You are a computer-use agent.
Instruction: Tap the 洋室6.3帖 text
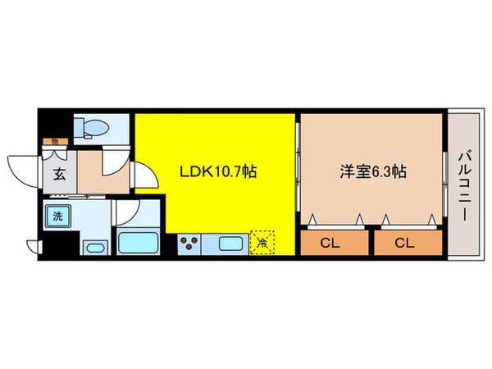[x=374, y=172]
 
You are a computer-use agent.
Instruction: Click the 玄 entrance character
[x=60, y=173]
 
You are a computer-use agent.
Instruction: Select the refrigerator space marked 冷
[x=262, y=241]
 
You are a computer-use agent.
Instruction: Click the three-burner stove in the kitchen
[x=190, y=244]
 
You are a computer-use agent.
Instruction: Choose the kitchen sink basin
[x=229, y=244]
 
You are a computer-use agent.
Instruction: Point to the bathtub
[x=139, y=244]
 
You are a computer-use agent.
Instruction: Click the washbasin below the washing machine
[x=94, y=248]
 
